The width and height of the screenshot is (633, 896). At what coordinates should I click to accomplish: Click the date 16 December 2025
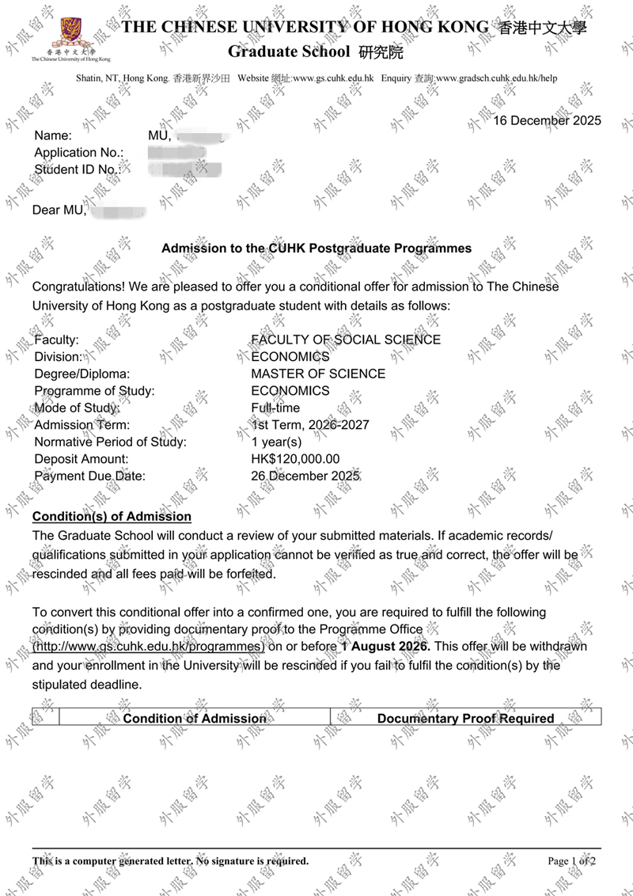click(x=547, y=121)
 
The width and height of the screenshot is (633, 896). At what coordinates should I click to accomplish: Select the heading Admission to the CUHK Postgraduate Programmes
click(x=316, y=249)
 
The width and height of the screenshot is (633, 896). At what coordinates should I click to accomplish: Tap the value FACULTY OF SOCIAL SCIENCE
click(x=346, y=340)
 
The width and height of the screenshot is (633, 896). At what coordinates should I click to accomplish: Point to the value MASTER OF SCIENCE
click(x=318, y=374)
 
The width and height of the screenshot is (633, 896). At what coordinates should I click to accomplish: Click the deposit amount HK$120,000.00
click(x=295, y=459)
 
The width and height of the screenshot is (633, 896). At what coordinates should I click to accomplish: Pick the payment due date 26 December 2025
click(x=305, y=476)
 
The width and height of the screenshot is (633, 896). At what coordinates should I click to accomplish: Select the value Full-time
click(x=275, y=408)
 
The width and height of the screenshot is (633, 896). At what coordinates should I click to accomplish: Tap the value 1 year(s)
click(x=276, y=442)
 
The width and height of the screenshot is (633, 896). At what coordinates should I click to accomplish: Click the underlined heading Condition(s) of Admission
click(x=112, y=517)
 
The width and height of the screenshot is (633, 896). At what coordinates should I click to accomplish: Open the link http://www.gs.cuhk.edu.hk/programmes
click(x=148, y=647)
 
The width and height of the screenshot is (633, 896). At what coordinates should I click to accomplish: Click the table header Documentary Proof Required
click(x=465, y=719)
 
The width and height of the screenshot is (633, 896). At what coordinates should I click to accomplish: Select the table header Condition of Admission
click(x=195, y=719)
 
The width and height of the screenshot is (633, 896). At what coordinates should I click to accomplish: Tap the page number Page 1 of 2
click(x=571, y=861)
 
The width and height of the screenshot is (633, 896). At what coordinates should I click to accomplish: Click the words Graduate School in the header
click(x=289, y=52)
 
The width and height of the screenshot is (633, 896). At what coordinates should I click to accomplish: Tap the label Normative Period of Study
click(x=110, y=442)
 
